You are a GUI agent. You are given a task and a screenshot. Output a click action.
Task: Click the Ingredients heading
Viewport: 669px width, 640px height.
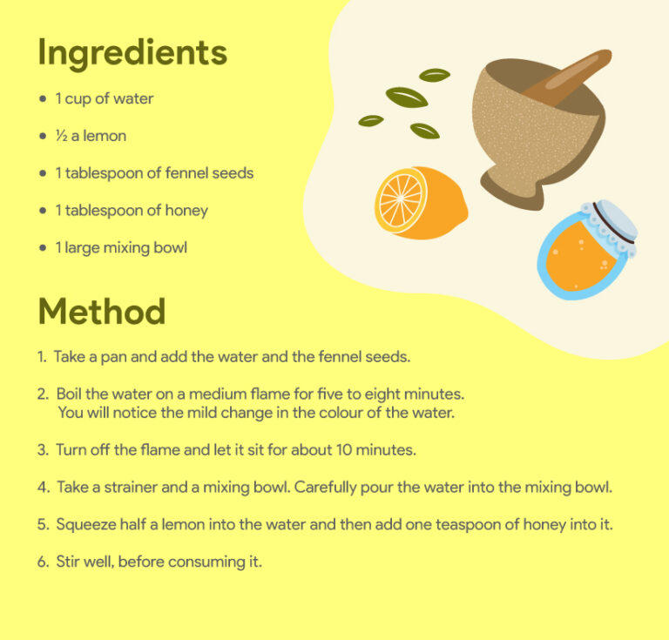click(x=132, y=53)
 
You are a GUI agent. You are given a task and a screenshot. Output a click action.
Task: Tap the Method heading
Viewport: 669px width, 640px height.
click(x=101, y=311)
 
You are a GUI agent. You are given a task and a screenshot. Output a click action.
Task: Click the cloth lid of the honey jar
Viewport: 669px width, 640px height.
click(x=611, y=221)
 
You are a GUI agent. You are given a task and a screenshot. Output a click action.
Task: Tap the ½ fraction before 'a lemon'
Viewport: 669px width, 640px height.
click(x=61, y=136)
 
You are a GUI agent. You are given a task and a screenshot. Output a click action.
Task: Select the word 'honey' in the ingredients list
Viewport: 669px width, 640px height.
click(x=186, y=211)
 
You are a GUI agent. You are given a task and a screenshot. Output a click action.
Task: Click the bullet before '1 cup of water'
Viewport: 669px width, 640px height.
click(x=43, y=99)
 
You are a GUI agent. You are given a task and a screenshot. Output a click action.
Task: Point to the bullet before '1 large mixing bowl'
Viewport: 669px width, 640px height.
click(x=43, y=248)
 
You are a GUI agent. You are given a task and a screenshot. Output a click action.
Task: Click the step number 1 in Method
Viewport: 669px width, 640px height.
click(x=41, y=357)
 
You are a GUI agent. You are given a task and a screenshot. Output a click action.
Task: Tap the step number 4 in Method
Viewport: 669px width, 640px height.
click(x=43, y=488)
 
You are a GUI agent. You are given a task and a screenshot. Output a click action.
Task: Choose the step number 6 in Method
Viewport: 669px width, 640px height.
click(x=43, y=563)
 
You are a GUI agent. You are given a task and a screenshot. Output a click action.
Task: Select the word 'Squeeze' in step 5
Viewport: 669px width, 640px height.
click(x=85, y=525)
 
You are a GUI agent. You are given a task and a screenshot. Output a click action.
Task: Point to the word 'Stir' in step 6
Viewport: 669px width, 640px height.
click(x=68, y=563)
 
